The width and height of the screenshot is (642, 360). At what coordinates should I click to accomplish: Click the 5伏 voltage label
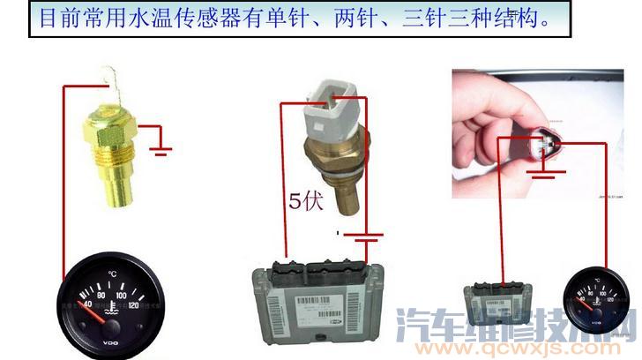click(307, 201)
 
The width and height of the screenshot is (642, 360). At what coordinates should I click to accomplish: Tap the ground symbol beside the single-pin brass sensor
click(160, 145)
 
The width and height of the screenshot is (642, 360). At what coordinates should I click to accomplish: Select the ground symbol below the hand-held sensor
click(544, 173)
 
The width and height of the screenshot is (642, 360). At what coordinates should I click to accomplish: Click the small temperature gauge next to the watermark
click(594, 301)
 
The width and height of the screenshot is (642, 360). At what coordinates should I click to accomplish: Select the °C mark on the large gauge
click(112, 275)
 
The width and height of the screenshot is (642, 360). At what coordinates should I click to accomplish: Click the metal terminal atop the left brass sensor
click(110, 83)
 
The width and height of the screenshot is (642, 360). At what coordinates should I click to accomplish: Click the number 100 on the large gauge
click(123, 294)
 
